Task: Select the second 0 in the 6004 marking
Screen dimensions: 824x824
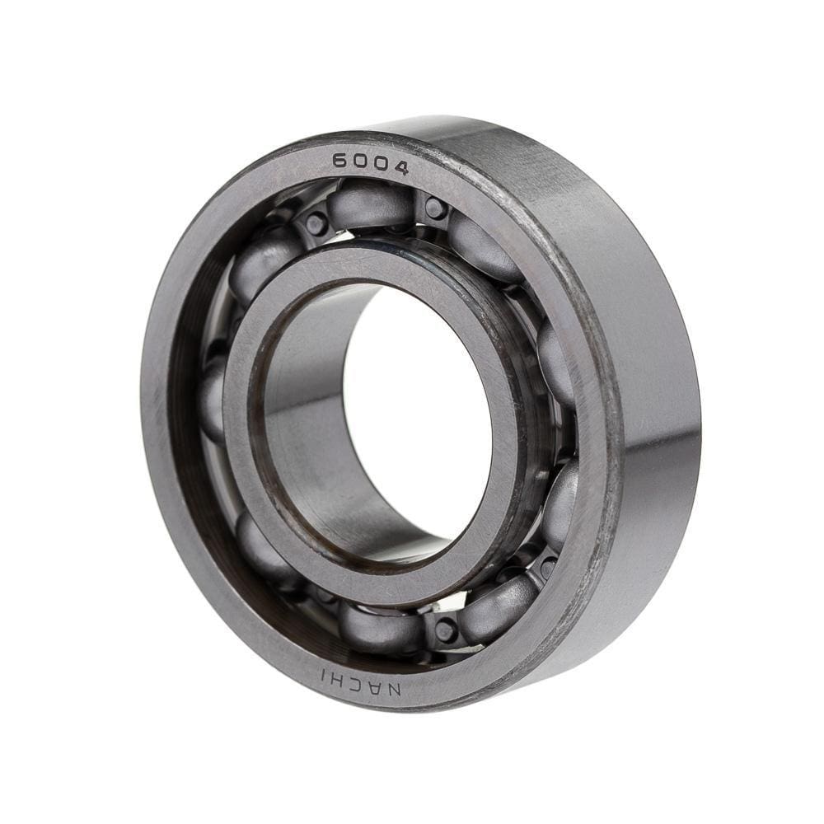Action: click(378, 165)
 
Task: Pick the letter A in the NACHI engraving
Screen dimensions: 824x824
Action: click(376, 686)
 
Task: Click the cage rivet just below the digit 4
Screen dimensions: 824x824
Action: click(434, 208)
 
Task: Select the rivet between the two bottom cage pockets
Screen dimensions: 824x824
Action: click(446, 630)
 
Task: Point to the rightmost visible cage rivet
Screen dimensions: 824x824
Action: click(548, 568)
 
